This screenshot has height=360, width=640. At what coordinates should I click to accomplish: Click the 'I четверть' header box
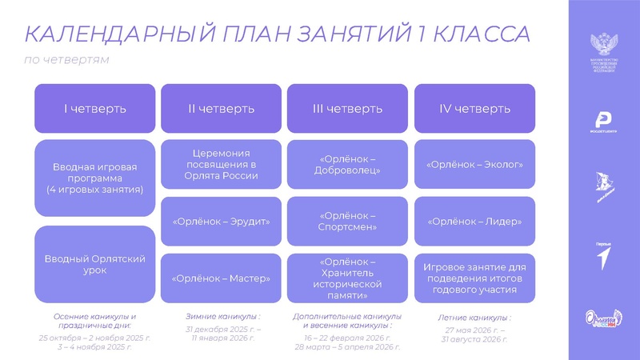tap(94, 108)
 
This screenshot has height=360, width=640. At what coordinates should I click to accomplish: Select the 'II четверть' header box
tap(222, 108)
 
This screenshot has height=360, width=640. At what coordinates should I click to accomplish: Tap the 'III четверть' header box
tap(348, 108)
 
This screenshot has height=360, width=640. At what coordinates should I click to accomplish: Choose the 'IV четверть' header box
tap(474, 108)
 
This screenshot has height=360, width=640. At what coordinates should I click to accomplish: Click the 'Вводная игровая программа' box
tap(94, 178)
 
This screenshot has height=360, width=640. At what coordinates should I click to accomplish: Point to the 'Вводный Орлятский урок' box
tap(94, 263)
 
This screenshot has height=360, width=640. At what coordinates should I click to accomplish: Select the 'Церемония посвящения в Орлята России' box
tap(222, 164)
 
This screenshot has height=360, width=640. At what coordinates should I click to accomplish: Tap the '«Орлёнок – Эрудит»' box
tap(222, 221)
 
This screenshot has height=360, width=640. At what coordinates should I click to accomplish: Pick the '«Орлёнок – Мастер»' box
tap(222, 278)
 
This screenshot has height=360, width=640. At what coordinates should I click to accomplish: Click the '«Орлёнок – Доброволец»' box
tap(348, 164)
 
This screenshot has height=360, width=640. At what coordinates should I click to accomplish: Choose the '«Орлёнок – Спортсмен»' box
tap(348, 221)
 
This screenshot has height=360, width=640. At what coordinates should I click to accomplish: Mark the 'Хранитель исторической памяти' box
tap(348, 278)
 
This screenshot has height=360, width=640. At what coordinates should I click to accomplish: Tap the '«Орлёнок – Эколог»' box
tap(474, 164)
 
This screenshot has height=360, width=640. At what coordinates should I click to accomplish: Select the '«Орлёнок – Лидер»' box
tap(474, 221)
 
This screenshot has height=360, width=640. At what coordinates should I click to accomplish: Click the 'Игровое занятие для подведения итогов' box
tap(474, 278)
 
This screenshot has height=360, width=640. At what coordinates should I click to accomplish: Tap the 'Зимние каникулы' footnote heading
tap(222, 316)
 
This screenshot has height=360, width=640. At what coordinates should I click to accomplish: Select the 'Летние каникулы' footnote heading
tap(474, 318)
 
